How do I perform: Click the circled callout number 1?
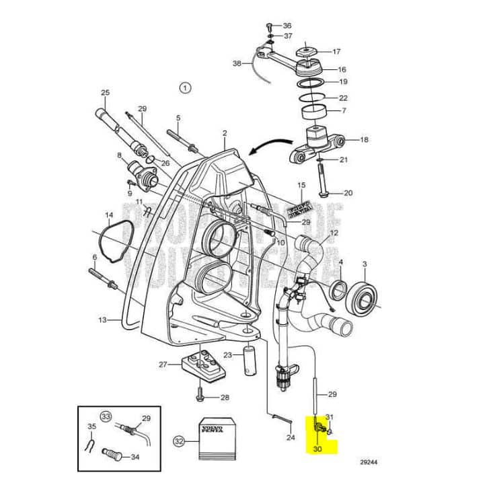pos(186,87)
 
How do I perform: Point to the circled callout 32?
pos(178,441)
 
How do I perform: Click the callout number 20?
pos(347,193)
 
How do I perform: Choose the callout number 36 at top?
pos(287,25)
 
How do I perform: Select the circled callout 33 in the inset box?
pos(105,416)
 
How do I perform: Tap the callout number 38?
pos(236,63)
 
